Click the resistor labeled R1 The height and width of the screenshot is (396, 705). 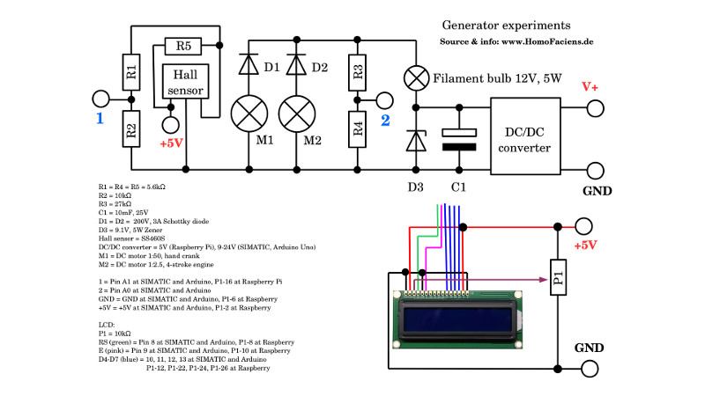click(130, 73)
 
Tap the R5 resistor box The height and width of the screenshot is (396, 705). click(182, 46)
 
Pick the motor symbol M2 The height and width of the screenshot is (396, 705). click(296, 114)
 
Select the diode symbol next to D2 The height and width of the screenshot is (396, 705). click(296, 67)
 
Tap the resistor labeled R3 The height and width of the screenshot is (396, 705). click(357, 73)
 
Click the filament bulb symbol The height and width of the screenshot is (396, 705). click(414, 77)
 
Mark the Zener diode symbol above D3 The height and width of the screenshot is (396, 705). click(414, 141)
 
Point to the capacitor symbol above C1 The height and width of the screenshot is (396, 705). click(458, 138)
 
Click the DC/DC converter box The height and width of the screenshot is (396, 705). click(525, 138)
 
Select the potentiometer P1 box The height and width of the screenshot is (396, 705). click(557, 282)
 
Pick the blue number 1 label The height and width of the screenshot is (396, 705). click(100, 118)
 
